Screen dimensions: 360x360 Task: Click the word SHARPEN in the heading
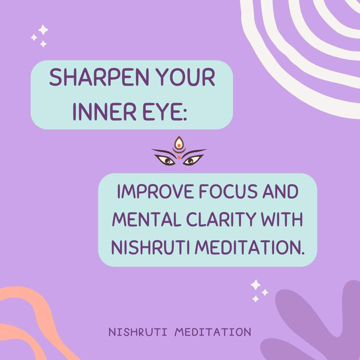[x=99, y=77]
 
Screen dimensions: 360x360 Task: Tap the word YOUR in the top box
[x=186, y=77]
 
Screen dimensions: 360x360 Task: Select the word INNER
[x=104, y=112]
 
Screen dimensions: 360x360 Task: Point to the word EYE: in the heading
[x=165, y=112]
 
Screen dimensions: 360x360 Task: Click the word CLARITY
[x=221, y=219]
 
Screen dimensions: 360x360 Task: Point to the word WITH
[x=282, y=219]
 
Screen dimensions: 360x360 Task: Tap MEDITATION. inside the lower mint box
[x=250, y=247]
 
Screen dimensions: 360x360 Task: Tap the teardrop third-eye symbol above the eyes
[x=179, y=142]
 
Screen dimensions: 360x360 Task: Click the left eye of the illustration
[x=165, y=160]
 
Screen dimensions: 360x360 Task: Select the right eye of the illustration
[x=192, y=160]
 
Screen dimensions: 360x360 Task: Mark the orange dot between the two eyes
[x=179, y=157]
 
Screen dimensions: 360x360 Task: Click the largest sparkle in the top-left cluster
[x=43, y=30]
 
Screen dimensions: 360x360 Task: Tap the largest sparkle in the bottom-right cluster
[x=256, y=285]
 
